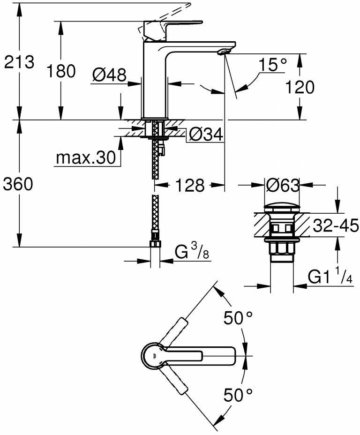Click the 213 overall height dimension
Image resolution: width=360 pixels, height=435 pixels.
pos(19,62)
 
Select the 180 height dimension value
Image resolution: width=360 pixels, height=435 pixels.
pos(61,71)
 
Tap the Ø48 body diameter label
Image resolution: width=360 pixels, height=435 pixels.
pos(109,75)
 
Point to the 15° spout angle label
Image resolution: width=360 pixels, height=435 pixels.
pos(272,65)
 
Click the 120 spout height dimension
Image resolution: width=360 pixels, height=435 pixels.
pos(299,87)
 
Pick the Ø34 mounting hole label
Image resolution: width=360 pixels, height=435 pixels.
pos(205,135)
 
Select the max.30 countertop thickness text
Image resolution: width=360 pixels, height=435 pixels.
pos(85,158)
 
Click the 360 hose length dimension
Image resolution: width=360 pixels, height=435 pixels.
pos(18,185)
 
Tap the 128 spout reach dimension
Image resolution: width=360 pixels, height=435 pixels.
pos(190,186)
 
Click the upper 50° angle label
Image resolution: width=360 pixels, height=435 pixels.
pos(238,319)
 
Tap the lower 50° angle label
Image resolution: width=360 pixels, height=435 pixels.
pos(238,396)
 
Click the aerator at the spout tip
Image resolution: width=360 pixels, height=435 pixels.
pos(224,51)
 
